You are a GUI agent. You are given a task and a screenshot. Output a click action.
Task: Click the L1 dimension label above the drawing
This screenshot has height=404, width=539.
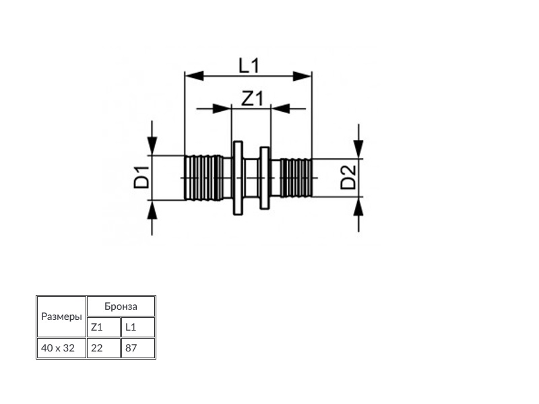pos(249,65)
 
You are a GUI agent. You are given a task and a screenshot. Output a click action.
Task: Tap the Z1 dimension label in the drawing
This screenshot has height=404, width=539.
pos(252,98)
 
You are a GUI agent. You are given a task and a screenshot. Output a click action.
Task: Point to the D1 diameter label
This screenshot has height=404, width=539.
pos(142,177)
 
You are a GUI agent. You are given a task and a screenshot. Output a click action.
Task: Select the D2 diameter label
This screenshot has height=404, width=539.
pos(348,177)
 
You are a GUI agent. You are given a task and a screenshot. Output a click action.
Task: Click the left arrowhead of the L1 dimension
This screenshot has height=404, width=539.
pos(194,76)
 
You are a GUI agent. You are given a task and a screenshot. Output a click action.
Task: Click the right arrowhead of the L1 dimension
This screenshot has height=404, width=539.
pos(302,76)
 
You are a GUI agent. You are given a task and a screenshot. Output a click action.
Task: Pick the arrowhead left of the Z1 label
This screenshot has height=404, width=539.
pos(222,109)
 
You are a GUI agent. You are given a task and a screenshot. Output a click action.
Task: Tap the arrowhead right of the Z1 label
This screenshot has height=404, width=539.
pos(280,109)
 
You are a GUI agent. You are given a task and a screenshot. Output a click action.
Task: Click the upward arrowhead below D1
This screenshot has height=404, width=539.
pos(152,209)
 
